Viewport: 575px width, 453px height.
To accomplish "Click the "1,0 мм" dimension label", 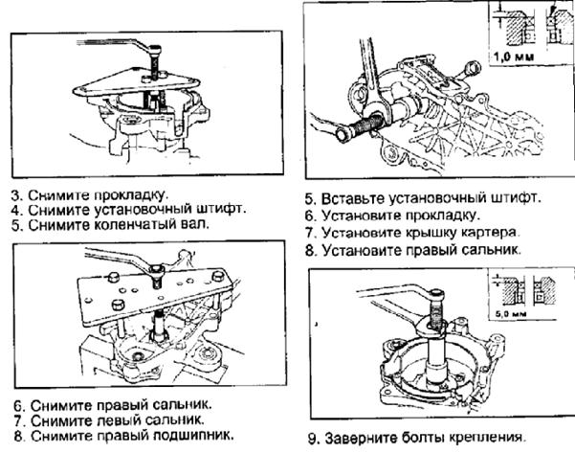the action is pos(514,57).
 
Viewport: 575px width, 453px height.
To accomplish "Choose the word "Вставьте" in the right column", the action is pos(353,198).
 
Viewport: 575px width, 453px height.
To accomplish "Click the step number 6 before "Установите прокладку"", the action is pos(310,215).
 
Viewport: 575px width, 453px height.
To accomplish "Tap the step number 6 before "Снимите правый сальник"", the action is pos(19,406).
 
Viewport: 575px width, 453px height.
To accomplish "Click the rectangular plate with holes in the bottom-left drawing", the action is pos(154,297).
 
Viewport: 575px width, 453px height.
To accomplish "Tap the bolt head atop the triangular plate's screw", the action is pos(156,49).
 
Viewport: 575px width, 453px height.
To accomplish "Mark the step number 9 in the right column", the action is pos(313,439).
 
